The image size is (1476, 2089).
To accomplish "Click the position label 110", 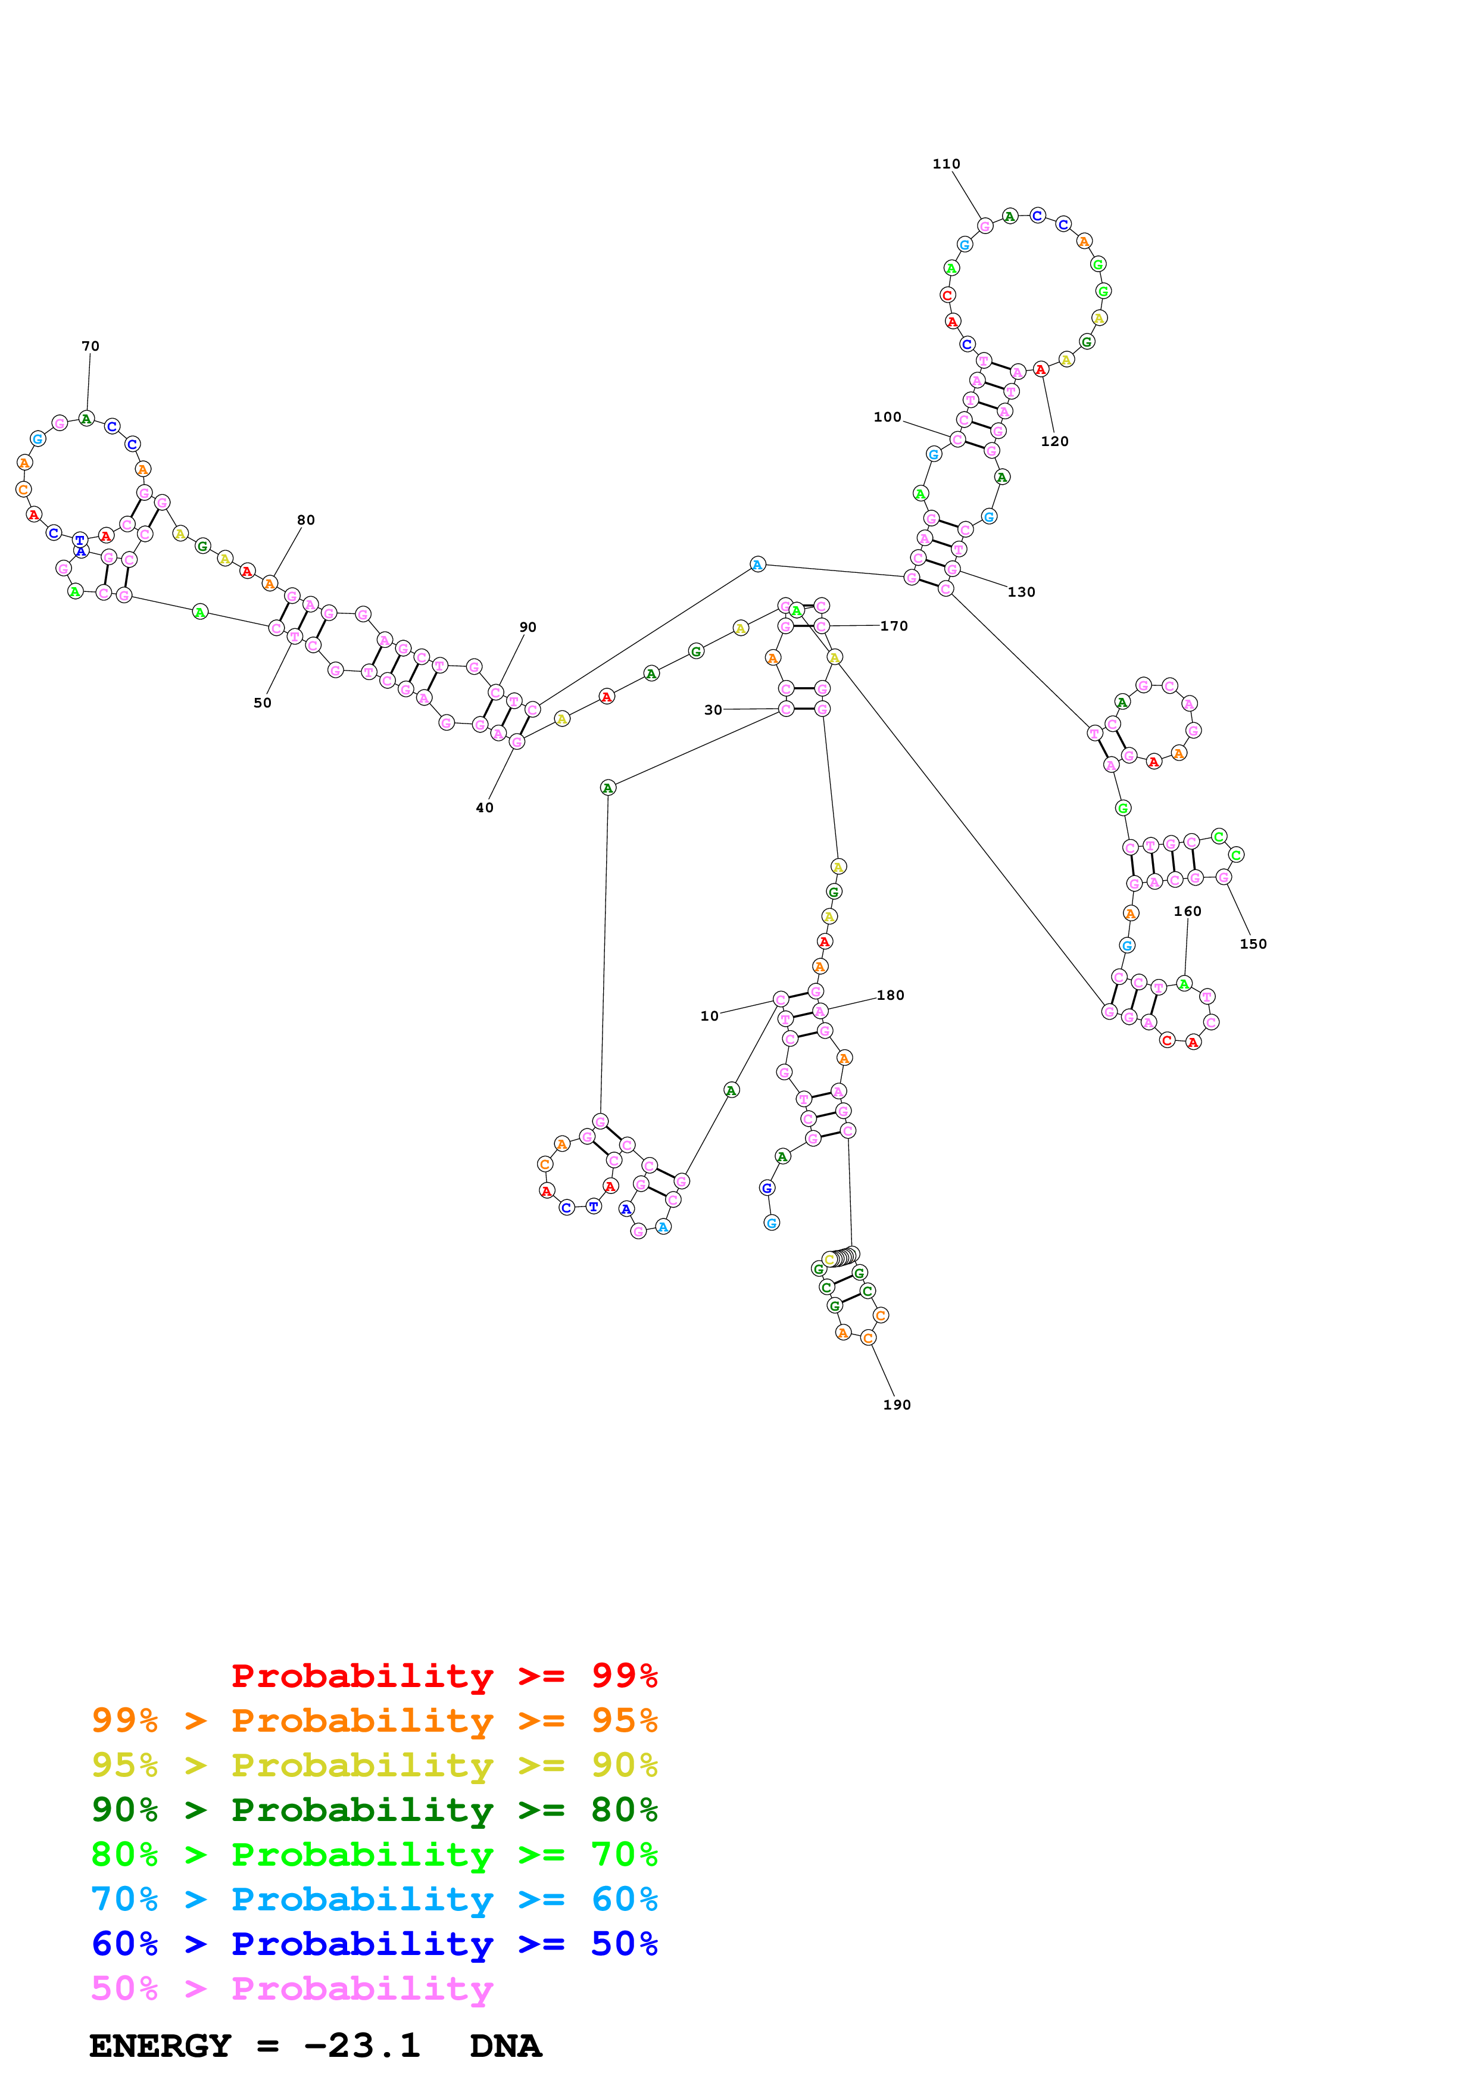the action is tap(946, 164).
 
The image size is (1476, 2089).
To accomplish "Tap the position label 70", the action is tap(90, 346).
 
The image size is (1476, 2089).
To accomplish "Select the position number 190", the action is tap(897, 1404).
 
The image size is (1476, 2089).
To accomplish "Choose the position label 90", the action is tap(528, 627).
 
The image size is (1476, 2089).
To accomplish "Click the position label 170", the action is tap(893, 626).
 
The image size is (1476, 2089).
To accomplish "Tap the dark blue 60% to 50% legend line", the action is tap(374, 1944).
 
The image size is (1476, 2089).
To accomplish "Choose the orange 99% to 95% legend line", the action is tap(374, 1720).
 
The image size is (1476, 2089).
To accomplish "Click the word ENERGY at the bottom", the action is tap(160, 2046).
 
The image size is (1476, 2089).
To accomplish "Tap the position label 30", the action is tap(713, 710).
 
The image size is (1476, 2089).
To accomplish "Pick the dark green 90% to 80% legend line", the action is tap(374, 1810).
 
